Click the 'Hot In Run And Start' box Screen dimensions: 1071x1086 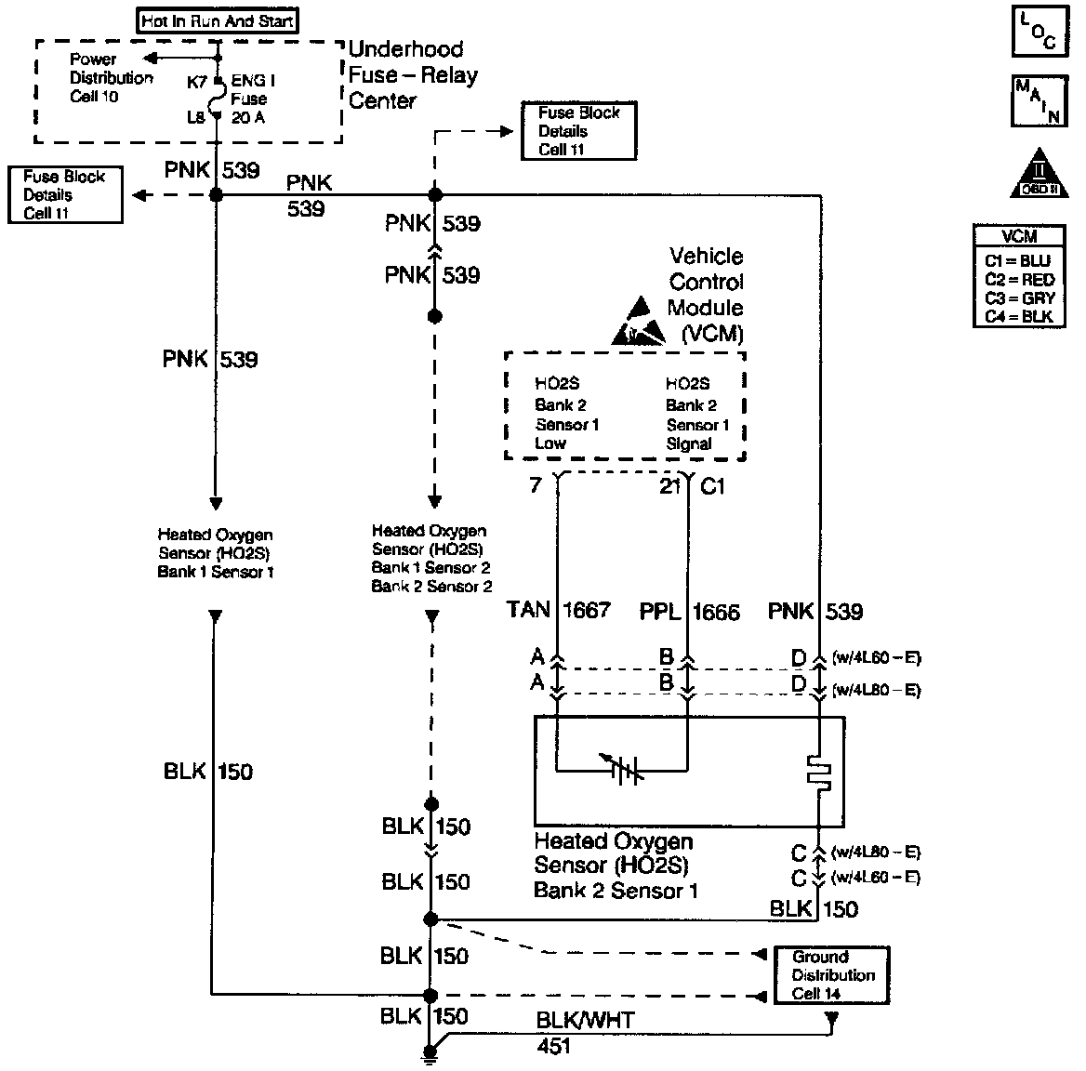(219, 20)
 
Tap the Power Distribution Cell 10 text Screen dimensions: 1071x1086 (111, 78)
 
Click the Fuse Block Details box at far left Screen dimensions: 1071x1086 (64, 194)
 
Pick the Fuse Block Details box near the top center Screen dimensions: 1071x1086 (578, 131)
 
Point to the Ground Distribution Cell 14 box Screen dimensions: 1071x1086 (832, 975)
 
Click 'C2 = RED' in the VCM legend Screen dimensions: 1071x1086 (1019, 280)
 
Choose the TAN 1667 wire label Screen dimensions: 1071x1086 (559, 611)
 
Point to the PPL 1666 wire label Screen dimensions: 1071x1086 (689, 612)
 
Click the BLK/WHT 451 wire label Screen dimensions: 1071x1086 (584, 1032)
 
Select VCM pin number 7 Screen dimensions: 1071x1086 (536, 485)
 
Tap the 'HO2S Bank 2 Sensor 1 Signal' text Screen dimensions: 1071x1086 (697, 414)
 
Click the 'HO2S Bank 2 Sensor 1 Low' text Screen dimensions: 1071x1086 (566, 414)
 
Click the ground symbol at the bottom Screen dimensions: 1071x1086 (430, 1054)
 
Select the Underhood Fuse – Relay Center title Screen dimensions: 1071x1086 (412, 74)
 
